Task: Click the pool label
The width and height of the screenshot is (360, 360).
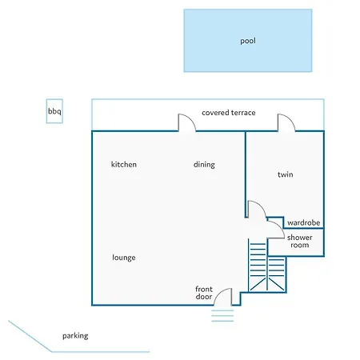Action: pos(248,41)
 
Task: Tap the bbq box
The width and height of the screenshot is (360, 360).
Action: pos(54,111)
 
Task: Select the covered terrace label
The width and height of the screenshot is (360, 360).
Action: pos(229,113)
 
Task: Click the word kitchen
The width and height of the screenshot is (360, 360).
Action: pos(124,164)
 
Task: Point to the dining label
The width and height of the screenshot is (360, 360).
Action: pos(204,165)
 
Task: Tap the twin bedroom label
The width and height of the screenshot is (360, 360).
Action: pos(286,174)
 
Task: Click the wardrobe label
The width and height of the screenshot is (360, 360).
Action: pos(304,222)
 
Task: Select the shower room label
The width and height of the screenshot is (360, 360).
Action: pos(300,241)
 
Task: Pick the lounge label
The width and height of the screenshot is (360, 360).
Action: pos(124,258)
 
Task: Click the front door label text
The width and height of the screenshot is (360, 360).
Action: pos(204,293)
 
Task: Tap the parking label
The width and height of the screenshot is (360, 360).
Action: pos(75,336)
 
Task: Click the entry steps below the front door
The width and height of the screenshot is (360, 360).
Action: pos(222,316)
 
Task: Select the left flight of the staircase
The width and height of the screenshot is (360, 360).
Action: pos(258,265)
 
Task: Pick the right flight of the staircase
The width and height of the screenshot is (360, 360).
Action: pos(277,274)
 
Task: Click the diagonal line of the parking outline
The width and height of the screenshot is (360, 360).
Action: pos(30,336)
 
